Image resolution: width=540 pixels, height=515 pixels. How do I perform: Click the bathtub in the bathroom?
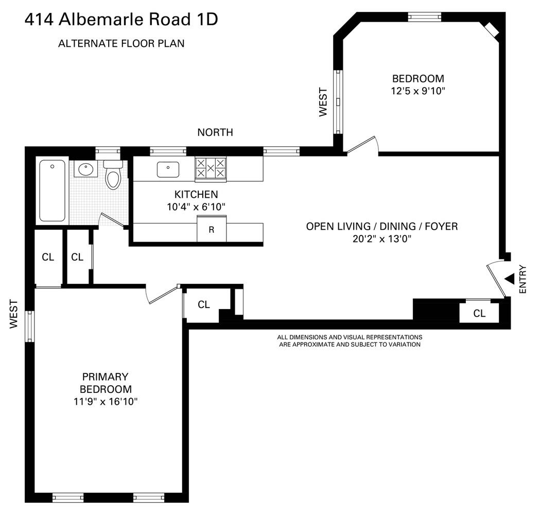pos(53,191)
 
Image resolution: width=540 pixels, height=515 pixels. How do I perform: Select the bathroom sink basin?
pos(84,169)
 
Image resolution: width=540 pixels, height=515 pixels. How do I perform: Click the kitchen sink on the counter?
pos(168,169)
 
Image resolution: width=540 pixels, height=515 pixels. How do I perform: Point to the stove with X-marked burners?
pos(211,168)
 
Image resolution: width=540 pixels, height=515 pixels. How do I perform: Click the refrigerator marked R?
pos(211,230)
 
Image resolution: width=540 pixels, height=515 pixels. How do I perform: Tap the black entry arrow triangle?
pos(510,279)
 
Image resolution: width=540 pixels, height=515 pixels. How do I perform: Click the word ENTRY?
pos(523,279)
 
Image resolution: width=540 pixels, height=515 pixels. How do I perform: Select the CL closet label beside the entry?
pos(479,313)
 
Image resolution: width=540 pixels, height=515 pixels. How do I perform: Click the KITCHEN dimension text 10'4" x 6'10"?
pos(196,207)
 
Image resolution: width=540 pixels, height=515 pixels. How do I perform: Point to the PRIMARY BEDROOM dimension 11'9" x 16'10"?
pos(105,402)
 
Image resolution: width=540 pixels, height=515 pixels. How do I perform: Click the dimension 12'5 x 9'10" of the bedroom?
pos(418,91)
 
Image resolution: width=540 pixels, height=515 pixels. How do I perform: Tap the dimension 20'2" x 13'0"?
pos(381,238)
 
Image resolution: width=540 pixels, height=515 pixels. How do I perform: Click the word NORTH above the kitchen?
pos(215,133)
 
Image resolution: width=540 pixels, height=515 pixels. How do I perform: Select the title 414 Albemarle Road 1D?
pos(121,20)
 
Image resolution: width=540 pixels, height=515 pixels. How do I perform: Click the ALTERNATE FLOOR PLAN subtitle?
pos(121,44)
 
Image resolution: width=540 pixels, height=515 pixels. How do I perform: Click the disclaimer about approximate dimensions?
pos(350,340)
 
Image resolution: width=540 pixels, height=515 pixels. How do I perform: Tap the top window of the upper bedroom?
pos(425,16)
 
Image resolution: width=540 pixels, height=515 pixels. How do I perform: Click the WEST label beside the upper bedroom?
pos(323,102)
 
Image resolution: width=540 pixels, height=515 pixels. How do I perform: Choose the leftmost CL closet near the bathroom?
pos(48,257)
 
